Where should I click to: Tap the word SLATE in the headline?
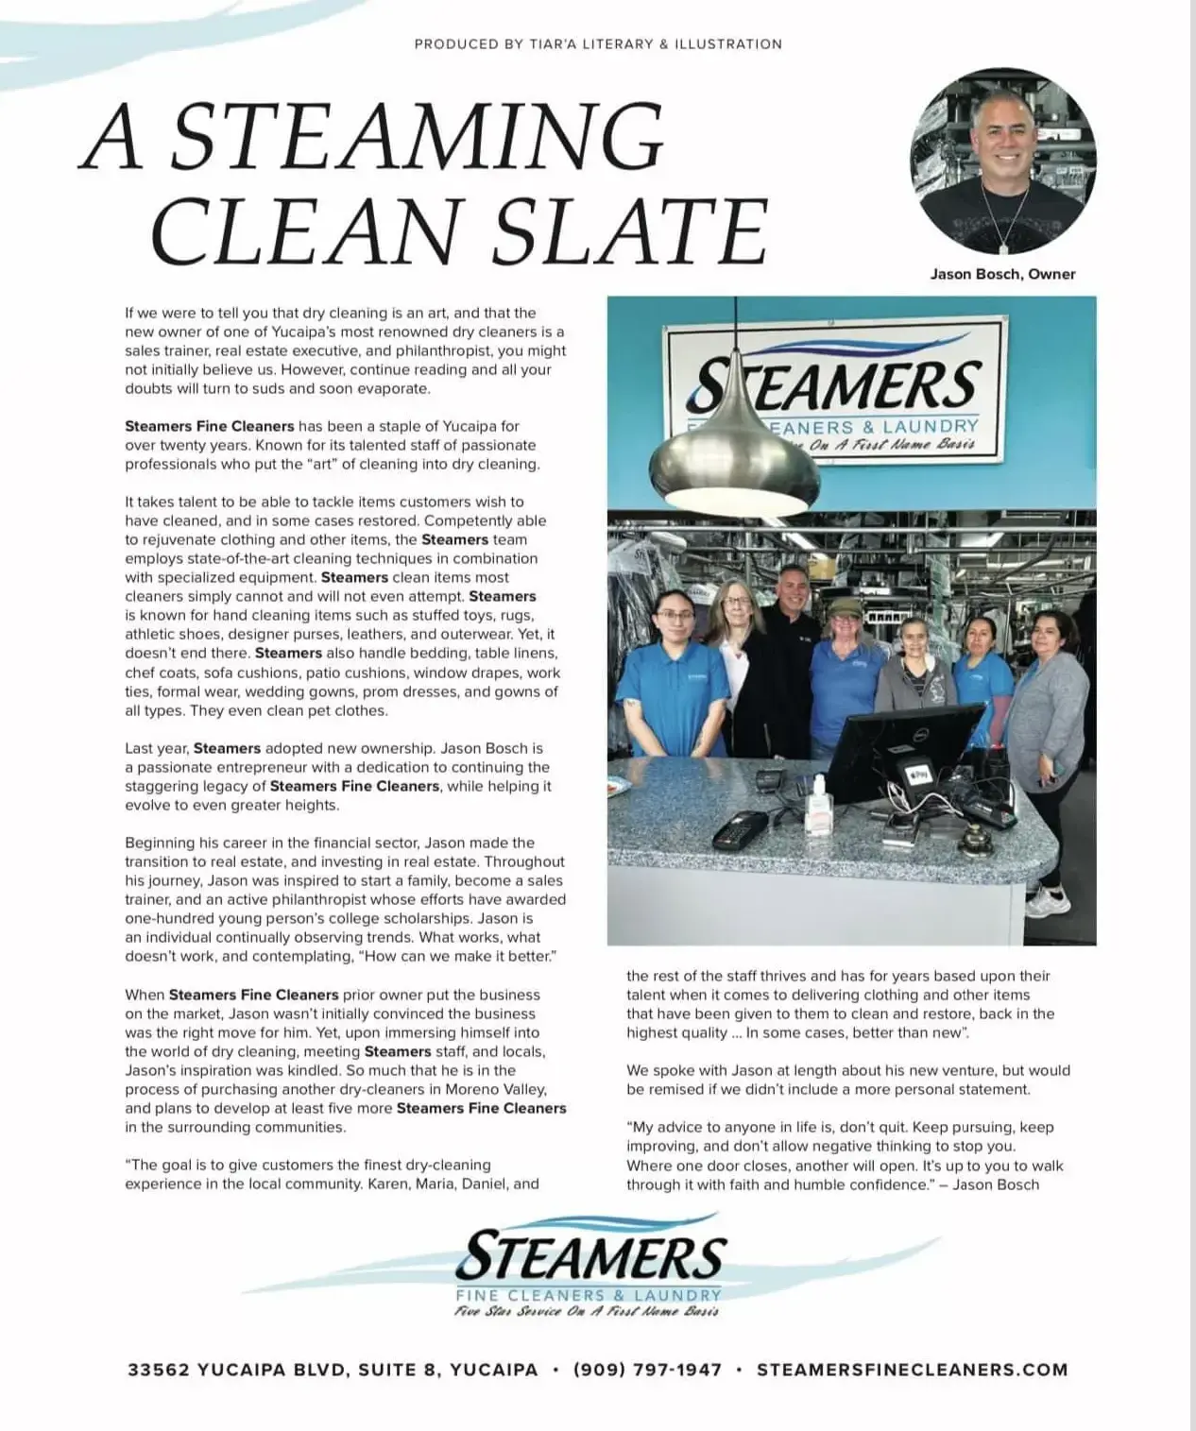[638, 231]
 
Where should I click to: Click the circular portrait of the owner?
[1002, 161]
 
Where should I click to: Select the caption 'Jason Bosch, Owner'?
[1002, 274]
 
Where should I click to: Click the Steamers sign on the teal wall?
[836, 393]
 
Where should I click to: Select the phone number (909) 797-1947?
[647, 1369]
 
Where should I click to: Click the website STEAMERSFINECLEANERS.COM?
[912, 1369]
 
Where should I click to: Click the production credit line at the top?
[598, 43]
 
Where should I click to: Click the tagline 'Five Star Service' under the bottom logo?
[588, 1311]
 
